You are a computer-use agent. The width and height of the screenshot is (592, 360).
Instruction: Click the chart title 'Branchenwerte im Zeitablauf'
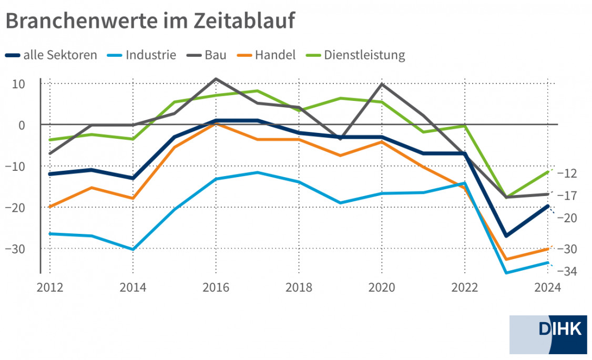click(x=150, y=20)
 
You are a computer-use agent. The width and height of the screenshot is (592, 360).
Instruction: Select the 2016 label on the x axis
click(x=216, y=288)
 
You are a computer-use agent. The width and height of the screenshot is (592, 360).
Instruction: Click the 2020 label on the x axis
click(x=381, y=288)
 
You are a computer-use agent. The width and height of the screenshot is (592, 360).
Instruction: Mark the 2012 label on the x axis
click(x=50, y=288)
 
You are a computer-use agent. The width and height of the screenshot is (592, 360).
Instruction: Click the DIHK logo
click(x=548, y=335)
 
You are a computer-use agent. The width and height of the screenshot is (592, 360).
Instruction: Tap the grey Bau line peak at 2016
click(x=216, y=79)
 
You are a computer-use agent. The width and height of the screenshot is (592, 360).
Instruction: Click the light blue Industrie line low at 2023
click(x=506, y=273)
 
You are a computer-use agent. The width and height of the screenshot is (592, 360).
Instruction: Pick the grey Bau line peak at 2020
click(x=381, y=84)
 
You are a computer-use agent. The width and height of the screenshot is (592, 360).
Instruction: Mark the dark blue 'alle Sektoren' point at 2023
click(x=506, y=236)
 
